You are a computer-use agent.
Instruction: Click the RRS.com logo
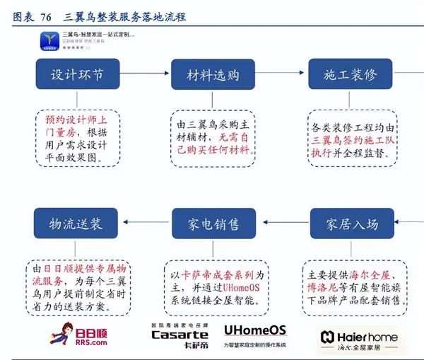pyautogui.click(x=78, y=333)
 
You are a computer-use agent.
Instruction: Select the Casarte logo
pyautogui.click(x=179, y=333)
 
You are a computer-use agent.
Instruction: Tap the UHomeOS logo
pyautogui.click(x=254, y=330)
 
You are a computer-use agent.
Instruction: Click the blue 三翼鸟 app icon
pyautogui.click(x=49, y=40)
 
